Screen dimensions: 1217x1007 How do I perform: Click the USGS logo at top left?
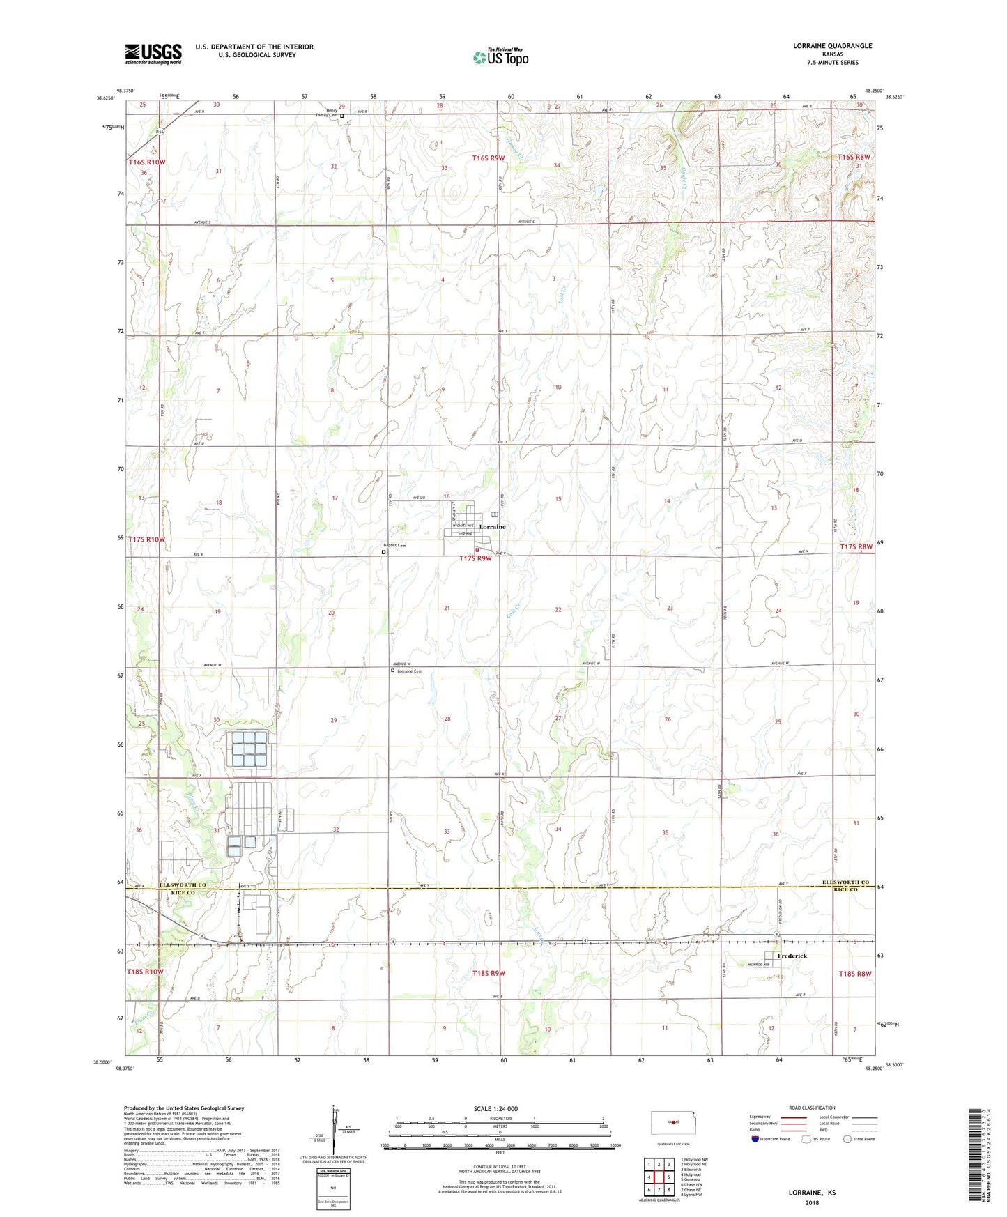(x=153, y=54)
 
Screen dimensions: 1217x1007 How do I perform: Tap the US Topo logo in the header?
(x=500, y=57)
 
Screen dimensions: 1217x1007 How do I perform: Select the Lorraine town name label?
(x=492, y=527)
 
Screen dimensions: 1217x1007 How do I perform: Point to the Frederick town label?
(x=792, y=956)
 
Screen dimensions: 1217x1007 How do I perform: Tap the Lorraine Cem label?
(x=409, y=671)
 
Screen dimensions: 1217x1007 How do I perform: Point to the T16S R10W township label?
(x=146, y=162)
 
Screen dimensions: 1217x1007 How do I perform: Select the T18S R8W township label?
(x=855, y=973)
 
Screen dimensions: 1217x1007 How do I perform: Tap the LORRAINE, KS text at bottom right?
(x=812, y=1193)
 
